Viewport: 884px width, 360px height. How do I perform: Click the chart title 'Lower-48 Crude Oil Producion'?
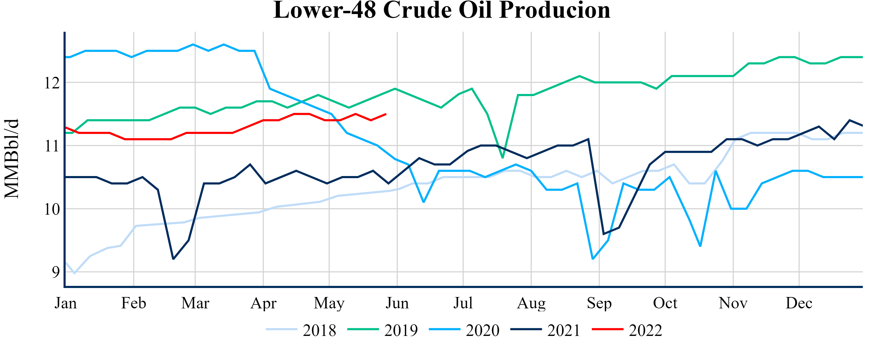click(442, 10)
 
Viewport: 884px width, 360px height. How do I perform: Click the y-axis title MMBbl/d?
click(12, 159)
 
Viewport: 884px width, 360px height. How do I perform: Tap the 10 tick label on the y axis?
click(52, 209)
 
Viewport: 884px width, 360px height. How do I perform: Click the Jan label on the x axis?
click(66, 303)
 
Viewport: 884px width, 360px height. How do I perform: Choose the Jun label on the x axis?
click(397, 303)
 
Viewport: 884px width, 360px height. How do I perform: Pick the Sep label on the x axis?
click(599, 303)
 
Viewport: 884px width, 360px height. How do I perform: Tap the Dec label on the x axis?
click(799, 303)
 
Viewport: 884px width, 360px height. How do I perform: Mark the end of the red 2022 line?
click(386, 114)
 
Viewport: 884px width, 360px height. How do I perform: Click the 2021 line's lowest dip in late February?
click(173, 259)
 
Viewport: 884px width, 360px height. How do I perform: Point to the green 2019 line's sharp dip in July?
click(502, 157)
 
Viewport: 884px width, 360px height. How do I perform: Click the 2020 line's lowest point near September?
click(593, 259)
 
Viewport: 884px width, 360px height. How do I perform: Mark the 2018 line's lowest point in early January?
click(74, 273)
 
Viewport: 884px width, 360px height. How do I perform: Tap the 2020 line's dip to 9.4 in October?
click(700, 246)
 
